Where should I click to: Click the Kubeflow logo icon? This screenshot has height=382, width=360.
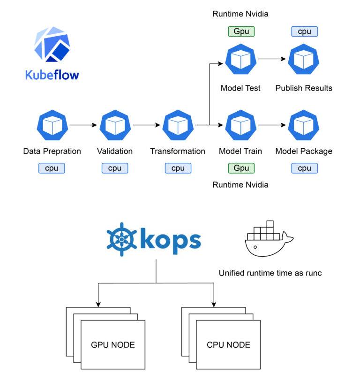(x=52, y=45)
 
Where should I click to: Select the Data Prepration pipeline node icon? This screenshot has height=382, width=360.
(x=52, y=125)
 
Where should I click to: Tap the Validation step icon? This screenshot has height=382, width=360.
(x=115, y=125)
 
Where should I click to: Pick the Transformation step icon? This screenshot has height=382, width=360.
(x=178, y=125)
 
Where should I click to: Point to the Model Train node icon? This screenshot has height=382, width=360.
(x=240, y=125)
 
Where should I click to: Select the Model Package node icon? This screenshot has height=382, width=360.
(x=304, y=125)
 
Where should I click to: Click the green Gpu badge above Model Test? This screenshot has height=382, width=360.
(x=241, y=31)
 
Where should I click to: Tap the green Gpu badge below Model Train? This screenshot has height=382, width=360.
(x=241, y=168)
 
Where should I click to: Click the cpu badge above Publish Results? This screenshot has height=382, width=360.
(x=304, y=31)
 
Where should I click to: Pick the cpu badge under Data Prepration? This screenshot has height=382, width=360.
(x=52, y=168)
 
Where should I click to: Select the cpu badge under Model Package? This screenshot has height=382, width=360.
(x=304, y=168)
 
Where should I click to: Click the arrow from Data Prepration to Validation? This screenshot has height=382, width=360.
(x=83, y=125)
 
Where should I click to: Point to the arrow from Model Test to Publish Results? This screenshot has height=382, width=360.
(x=272, y=60)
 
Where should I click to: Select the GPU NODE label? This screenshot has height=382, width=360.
(x=112, y=345)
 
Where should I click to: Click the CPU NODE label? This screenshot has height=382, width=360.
(x=228, y=345)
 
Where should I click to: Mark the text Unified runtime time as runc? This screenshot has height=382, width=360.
(x=270, y=273)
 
